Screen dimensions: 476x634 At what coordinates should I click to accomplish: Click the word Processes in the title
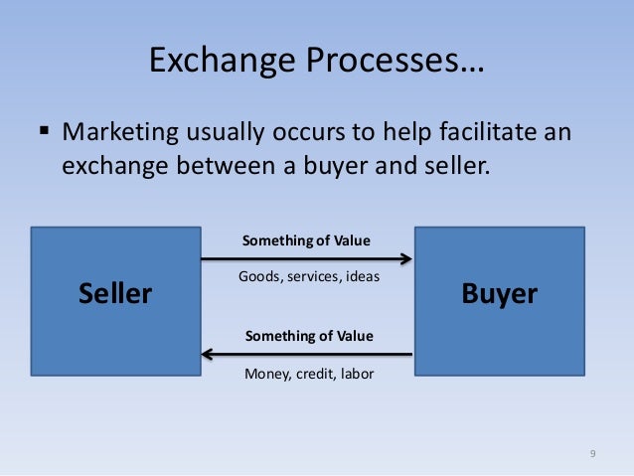pos(378,63)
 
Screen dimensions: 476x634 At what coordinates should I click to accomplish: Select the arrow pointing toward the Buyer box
pos(306,259)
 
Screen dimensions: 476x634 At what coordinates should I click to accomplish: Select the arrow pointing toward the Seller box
pos(306,353)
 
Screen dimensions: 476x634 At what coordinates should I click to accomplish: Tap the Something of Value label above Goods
pos(307,241)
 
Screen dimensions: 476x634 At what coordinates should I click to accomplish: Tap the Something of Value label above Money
pos(308,336)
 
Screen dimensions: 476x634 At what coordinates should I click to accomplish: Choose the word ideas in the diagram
pos(362,276)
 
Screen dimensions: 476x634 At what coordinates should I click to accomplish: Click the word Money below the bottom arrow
pos(265,374)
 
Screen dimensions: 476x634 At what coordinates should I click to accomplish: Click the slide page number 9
pos(592,454)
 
